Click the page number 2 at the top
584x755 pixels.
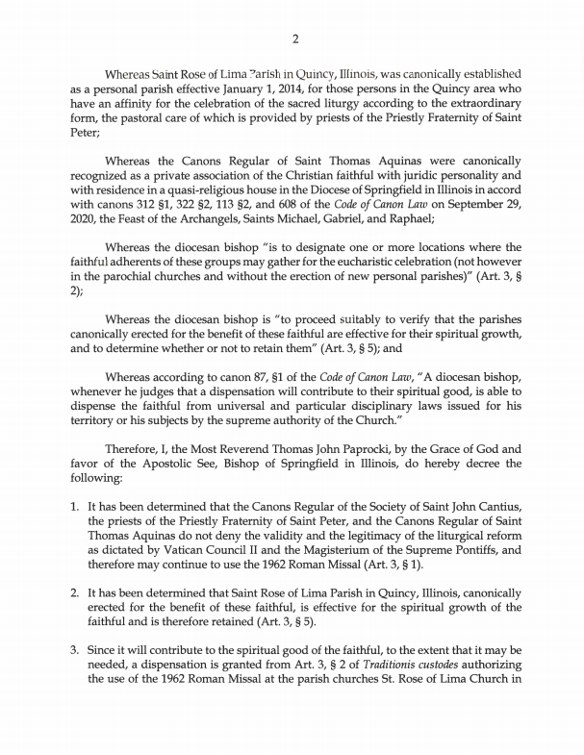(x=292, y=38)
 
